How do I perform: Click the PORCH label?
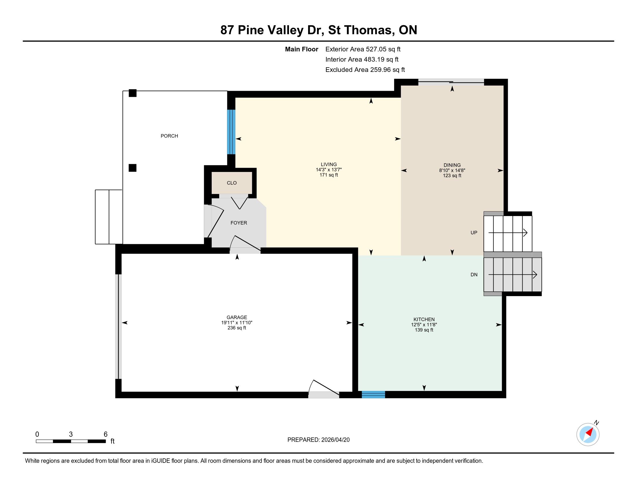169,136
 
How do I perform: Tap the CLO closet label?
232,183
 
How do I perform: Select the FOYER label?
239,223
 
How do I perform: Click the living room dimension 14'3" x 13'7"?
329,170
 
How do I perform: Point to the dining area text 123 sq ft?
452,175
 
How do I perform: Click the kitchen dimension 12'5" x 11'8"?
424,325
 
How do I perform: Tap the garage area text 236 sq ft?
237,328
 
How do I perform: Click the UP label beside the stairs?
474,233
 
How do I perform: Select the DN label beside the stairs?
474,275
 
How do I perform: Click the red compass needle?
590,432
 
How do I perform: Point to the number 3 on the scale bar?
71,434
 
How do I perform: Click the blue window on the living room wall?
231,132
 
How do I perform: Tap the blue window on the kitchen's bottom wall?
373,395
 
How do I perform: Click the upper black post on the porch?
133,93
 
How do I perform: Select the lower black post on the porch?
133,168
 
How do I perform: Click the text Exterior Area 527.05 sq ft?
363,49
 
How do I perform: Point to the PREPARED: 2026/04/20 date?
318,440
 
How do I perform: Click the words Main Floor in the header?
302,49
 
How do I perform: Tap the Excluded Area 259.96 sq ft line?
365,70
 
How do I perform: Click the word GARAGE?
237,317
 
